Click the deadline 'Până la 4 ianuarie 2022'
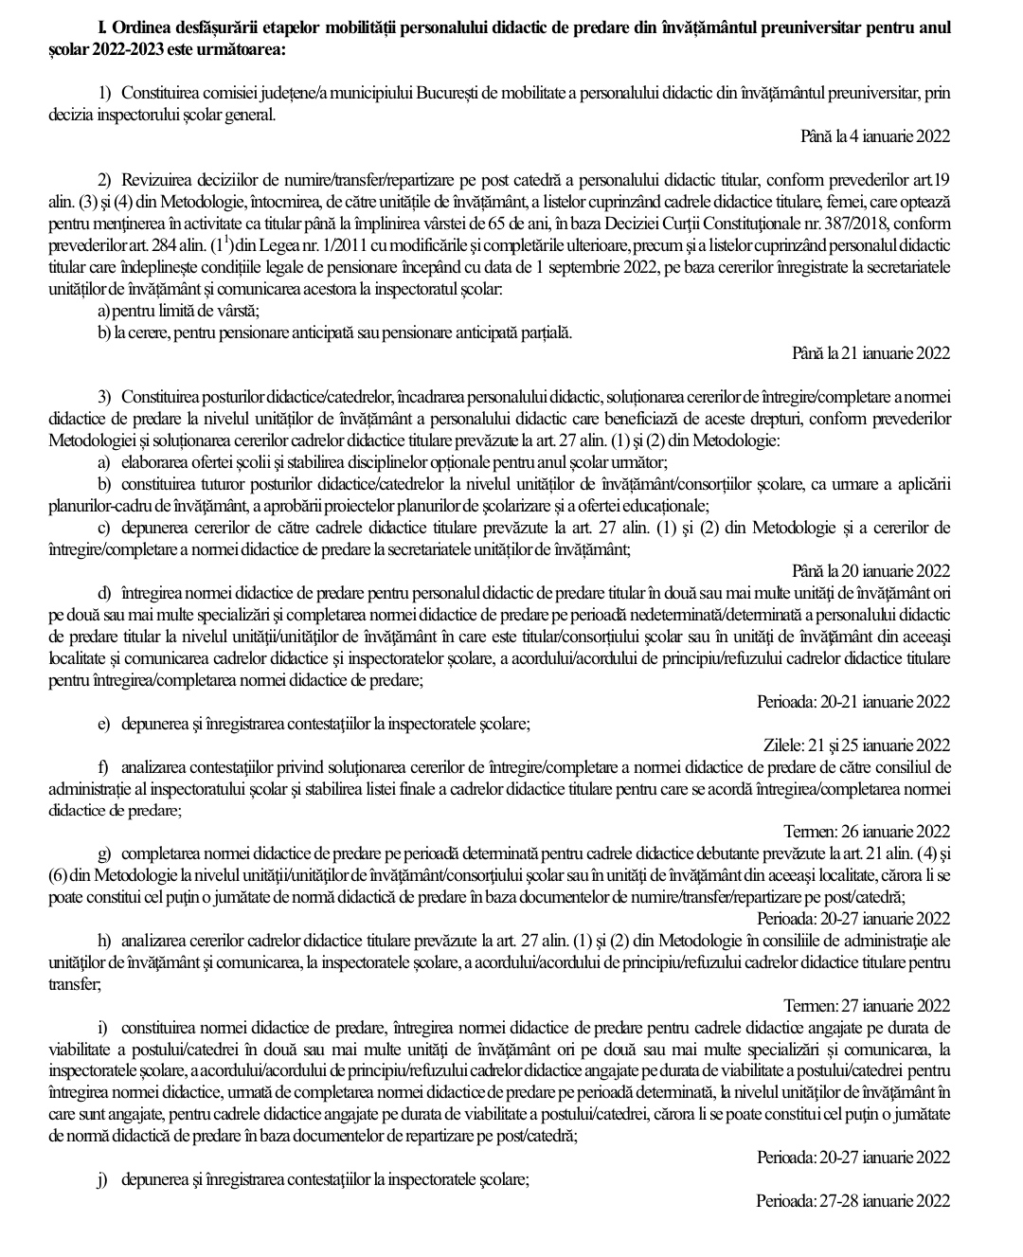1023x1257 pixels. tap(874, 135)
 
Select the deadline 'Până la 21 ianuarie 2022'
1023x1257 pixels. tap(870, 353)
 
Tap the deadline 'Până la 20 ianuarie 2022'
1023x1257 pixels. tap(870, 570)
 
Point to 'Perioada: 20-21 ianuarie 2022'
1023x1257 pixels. tap(853, 702)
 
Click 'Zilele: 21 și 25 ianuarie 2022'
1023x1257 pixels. tap(856, 745)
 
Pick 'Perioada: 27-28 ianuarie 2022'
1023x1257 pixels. tap(853, 1201)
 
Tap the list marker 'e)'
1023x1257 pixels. tap(104, 724)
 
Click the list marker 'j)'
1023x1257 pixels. tap(103, 1179)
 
